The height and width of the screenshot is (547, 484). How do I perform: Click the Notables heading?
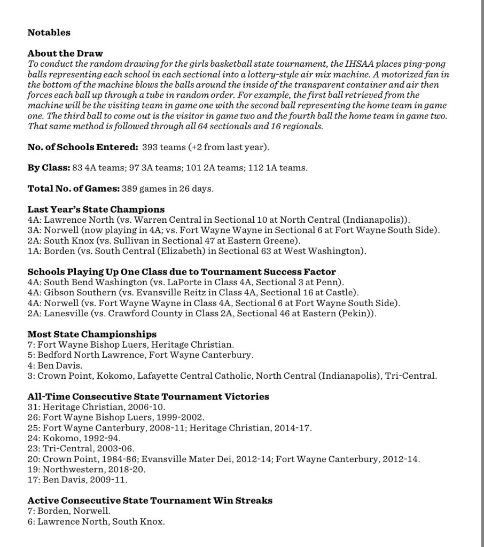(49, 33)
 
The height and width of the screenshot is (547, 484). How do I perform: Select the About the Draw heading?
(65, 53)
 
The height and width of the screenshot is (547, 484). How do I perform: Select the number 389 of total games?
(130, 189)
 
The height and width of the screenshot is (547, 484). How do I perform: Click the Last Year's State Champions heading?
(96, 209)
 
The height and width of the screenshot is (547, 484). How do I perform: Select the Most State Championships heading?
(92, 334)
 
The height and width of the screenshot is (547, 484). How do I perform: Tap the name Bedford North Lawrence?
(91, 355)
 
